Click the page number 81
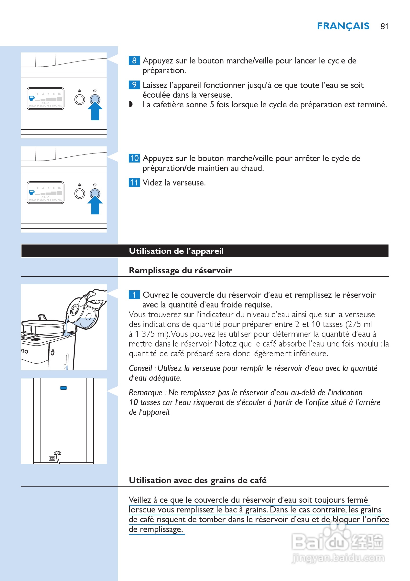coord(384,26)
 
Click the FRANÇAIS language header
coord(343,26)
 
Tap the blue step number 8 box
coord(134,61)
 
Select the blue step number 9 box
coord(134,85)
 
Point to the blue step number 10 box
coord(134,158)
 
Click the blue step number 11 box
coord(134,183)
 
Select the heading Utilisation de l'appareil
coord(176,251)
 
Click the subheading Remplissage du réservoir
coord(180,271)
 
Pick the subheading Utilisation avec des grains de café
coord(197,480)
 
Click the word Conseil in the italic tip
coord(140,368)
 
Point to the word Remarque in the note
coord(145,392)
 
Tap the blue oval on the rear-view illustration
coord(63,388)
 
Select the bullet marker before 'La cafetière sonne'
coord(131,104)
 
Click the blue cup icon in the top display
coord(32,98)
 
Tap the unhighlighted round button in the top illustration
coord(80,100)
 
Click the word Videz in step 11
coord(152,183)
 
